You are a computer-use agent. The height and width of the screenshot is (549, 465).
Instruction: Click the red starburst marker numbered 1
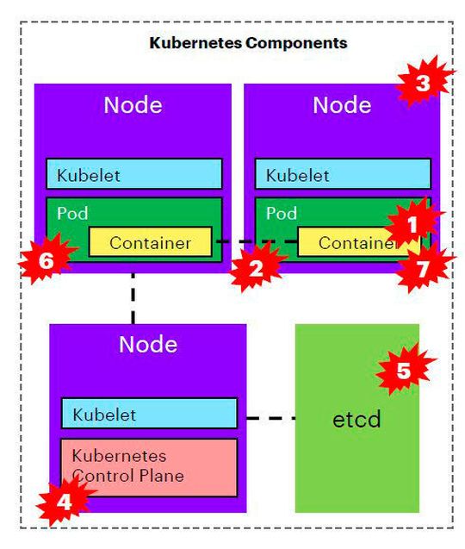[x=412, y=224]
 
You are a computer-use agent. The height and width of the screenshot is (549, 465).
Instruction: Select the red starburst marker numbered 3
[x=423, y=83]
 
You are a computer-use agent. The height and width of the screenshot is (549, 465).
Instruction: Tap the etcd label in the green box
[x=356, y=421]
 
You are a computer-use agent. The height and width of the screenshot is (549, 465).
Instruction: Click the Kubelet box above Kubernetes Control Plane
[x=148, y=414]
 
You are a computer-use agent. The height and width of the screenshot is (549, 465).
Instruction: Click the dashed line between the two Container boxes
[x=256, y=242]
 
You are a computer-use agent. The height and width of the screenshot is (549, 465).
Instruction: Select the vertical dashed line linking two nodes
[x=133, y=297]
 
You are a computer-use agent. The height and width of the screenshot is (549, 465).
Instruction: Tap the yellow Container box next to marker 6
[x=150, y=243]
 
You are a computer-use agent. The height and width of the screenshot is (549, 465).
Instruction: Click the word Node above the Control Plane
[x=148, y=345]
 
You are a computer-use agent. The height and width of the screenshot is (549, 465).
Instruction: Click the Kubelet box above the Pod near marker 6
[x=134, y=174]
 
